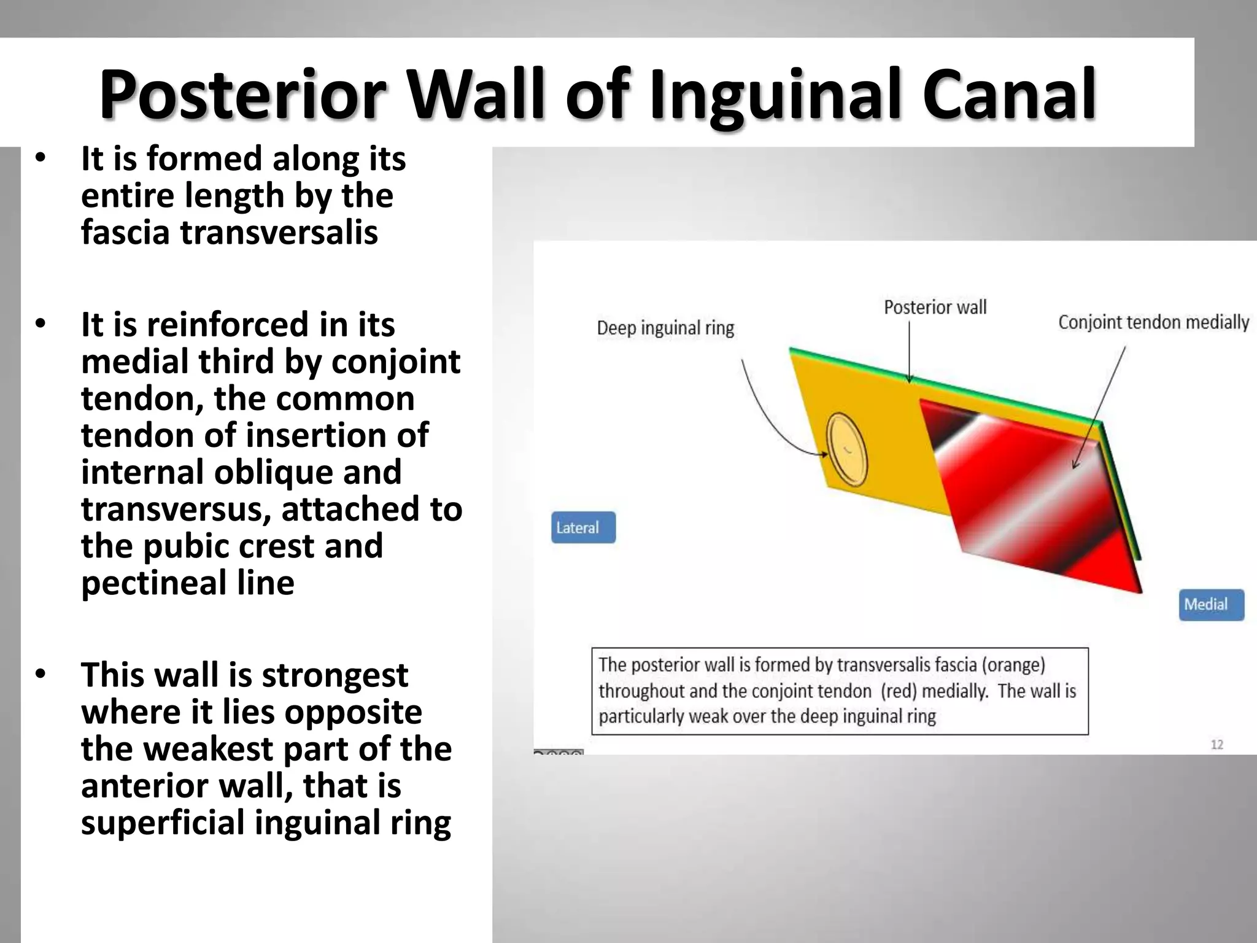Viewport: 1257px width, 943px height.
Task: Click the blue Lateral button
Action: (x=582, y=527)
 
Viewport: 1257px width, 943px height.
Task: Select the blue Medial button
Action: (x=1211, y=605)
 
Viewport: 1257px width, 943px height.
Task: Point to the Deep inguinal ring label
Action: (x=665, y=328)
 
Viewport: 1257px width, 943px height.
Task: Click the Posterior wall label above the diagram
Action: (x=935, y=307)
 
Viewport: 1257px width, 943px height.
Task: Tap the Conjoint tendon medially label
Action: (x=1153, y=322)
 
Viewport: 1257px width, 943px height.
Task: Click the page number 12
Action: (x=1216, y=745)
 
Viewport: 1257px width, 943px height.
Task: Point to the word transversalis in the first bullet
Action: (x=279, y=233)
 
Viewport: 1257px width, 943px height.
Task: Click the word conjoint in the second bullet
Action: (x=395, y=362)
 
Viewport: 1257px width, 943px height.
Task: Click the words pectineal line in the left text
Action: (x=187, y=583)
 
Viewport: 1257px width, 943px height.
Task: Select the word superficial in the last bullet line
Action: (x=162, y=823)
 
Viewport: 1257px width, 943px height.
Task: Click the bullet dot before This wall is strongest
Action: (x=41, y=674)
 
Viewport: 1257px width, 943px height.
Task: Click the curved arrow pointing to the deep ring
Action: (x=767, y=417)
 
